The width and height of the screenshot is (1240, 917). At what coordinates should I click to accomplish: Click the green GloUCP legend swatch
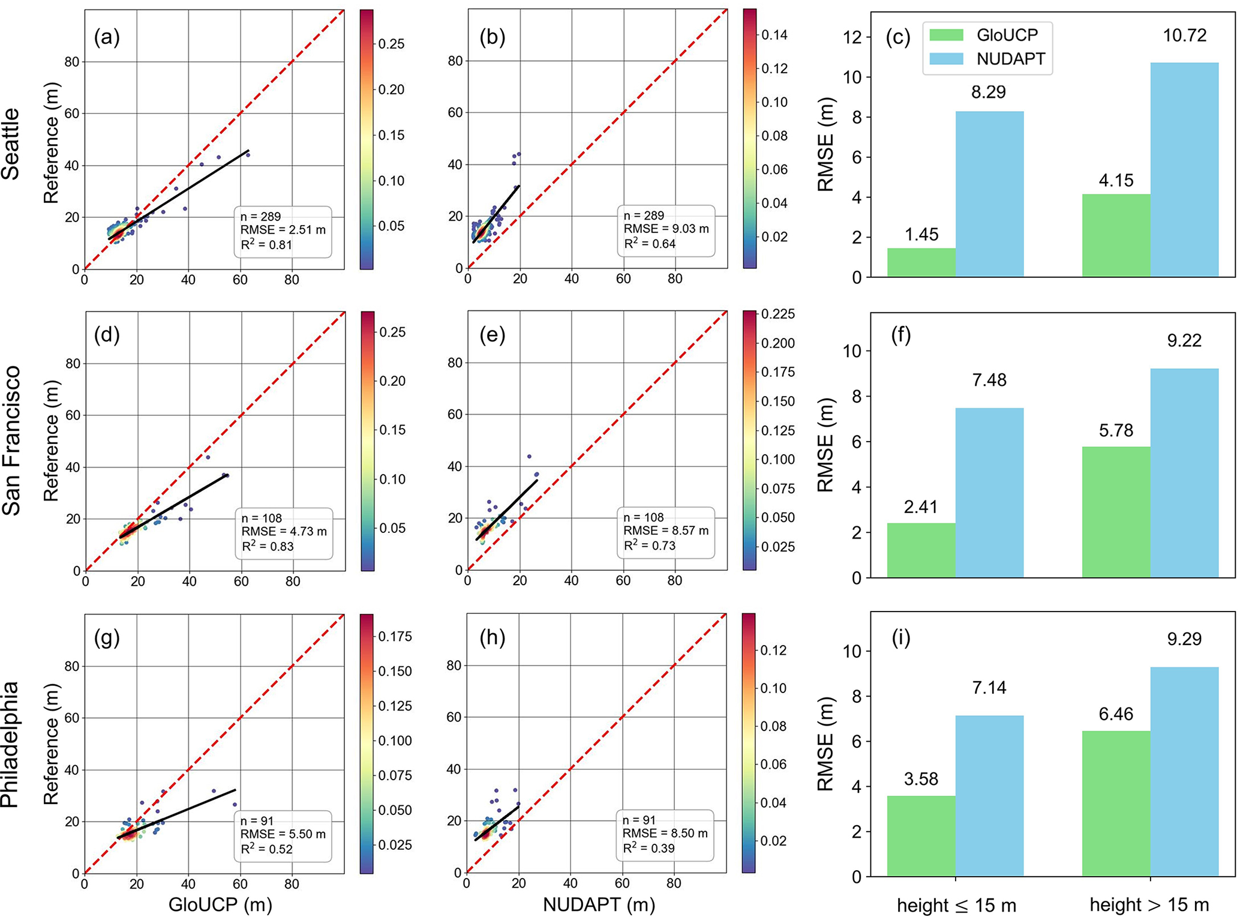tap(946, 35)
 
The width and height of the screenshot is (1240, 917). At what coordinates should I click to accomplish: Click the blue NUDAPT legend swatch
tap(946, 59)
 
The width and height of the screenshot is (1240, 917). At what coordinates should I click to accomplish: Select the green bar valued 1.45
tap(921, 262)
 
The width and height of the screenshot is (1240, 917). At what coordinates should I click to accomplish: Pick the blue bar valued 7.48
tap(989, 492)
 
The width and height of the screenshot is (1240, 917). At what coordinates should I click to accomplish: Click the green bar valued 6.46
tap(1116, 803)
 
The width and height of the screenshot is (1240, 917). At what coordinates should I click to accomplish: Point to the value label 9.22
tap(1184, 341)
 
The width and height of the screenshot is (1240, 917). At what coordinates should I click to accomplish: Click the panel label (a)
tap(107, 37)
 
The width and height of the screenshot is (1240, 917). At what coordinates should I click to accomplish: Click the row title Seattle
tap(11, 144)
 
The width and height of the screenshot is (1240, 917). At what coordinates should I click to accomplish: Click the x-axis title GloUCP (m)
tap(220, 904)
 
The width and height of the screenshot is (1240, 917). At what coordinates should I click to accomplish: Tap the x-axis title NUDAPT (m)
tap(598, 904)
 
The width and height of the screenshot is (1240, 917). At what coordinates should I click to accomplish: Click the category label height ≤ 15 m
tap(956, 905)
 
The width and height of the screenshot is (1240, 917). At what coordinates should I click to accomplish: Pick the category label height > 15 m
tap(1149, 905)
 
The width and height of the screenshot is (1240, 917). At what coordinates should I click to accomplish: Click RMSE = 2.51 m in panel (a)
tap(283, 230)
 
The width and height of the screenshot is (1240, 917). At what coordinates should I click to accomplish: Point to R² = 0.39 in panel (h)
tap(648, 848)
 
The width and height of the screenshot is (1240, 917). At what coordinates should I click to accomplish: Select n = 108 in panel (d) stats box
tap(262, 518)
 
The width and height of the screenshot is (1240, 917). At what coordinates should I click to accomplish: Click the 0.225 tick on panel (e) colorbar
tap(778, 314)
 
